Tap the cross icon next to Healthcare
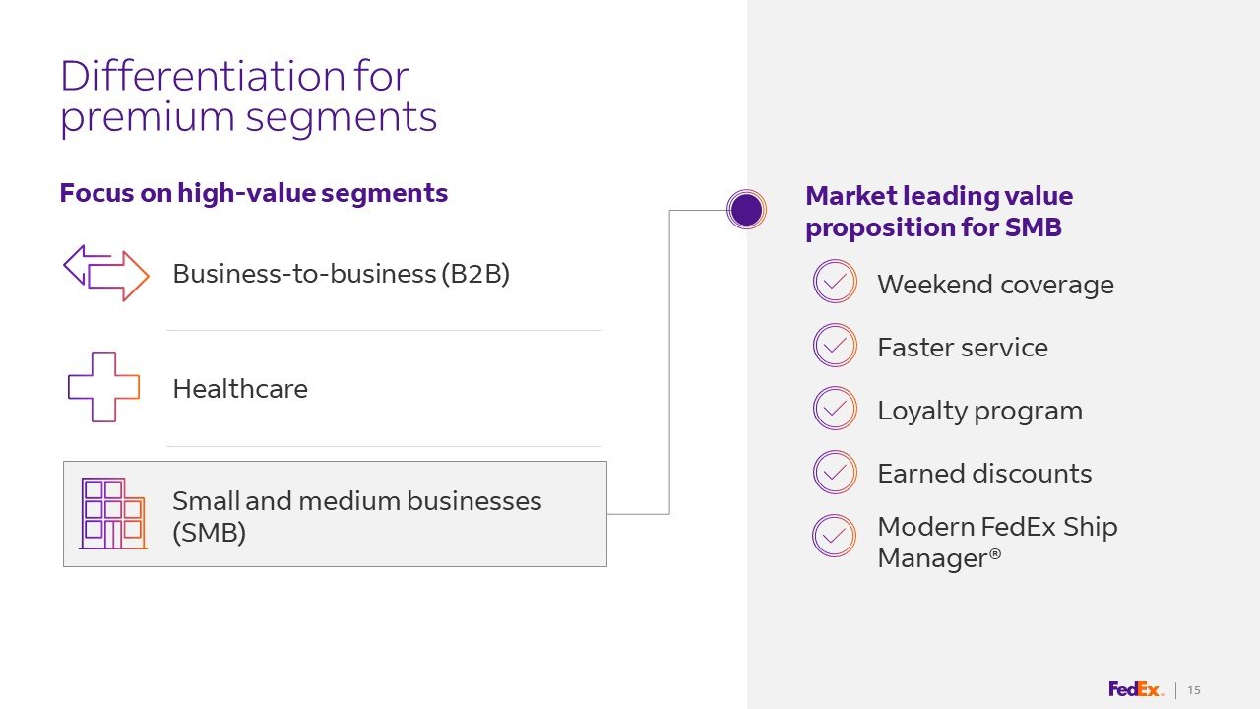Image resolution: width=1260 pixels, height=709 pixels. click(x=103, y=387)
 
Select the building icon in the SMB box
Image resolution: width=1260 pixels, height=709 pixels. click(x=112, y=513)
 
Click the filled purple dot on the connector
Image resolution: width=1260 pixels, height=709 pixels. click(x=746, y=209)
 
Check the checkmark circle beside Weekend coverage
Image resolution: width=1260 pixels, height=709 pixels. click(x=835, y=282)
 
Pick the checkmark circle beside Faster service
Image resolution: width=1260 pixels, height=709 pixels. click(x=835, y=346)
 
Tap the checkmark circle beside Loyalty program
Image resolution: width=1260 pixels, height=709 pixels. click(x=835, y=409)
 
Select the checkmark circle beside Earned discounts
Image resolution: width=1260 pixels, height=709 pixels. click(x=835, y=472)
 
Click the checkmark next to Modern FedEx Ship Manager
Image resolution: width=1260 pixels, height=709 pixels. click(x=835, y=536)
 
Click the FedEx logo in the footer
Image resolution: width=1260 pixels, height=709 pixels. click(x=1135, y=689)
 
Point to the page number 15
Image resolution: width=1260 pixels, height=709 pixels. click(x=1194, y=690)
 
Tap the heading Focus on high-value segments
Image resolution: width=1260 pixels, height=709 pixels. click(x=254, y=193)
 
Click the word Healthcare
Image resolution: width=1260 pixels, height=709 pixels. click(x=240, y=389)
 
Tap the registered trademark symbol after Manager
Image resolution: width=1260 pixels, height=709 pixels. click(x=995, y=554)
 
